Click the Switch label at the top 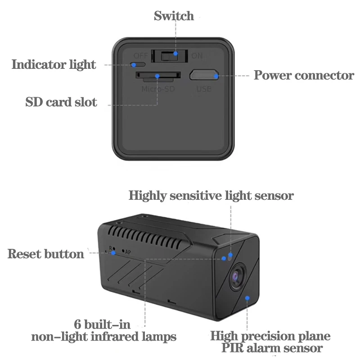(174, 16)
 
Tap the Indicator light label (54, 65)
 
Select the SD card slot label (61, 102)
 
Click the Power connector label (304, 75)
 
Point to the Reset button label (46, 254)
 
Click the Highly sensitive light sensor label (211, 196)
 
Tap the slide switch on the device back (169, 56)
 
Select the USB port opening (204, 75)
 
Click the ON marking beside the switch (197, 56)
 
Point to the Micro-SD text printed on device (157, 89)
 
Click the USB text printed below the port (204, 89)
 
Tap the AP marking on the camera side (128, 252)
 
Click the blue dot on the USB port (216, 76)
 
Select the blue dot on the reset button (113, 252)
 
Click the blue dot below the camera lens (247, 297)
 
